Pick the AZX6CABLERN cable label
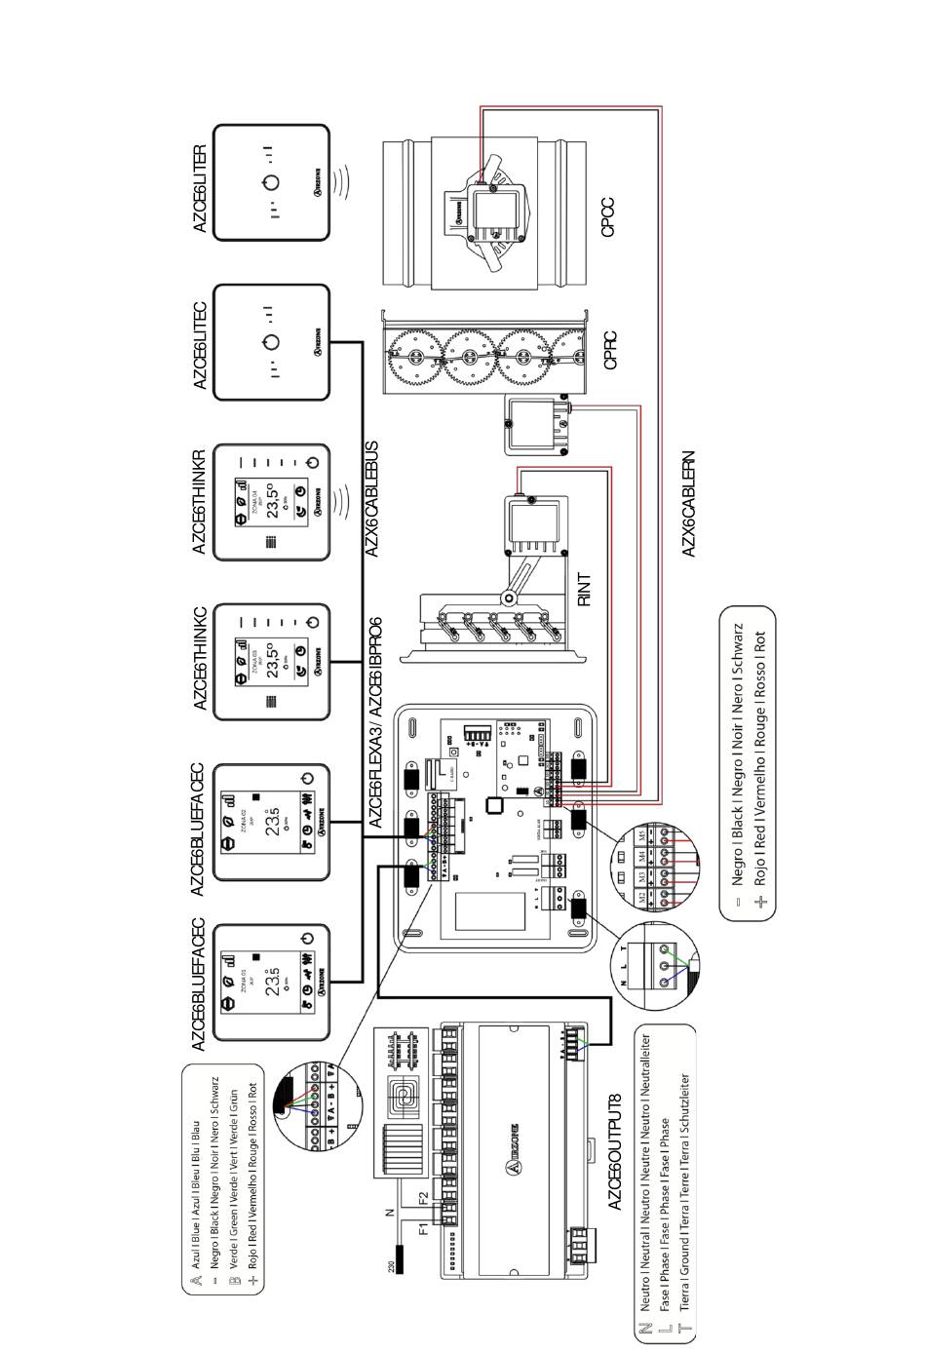(688, 503)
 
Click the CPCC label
(608, 216)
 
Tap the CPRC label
(610, 350)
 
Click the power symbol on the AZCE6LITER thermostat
(272, 182)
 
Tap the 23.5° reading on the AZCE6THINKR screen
(274, 502)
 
